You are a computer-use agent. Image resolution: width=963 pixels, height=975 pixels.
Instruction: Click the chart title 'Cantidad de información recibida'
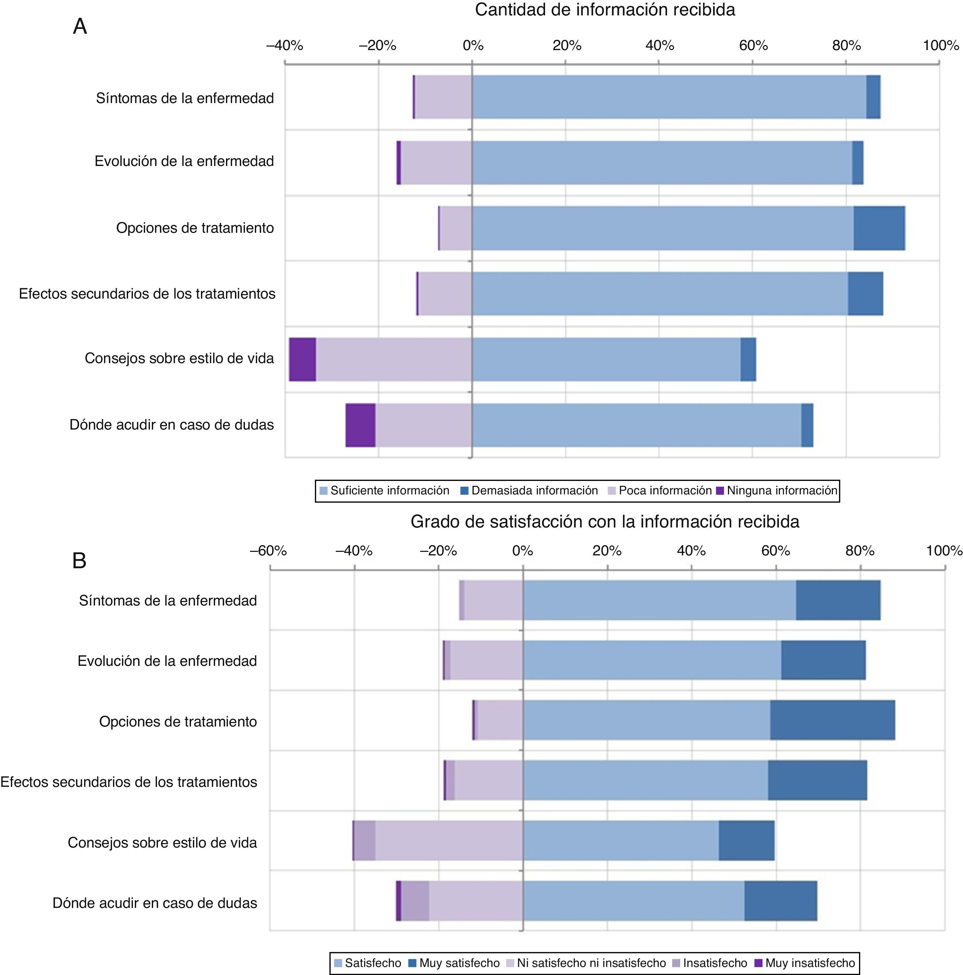[605, 10]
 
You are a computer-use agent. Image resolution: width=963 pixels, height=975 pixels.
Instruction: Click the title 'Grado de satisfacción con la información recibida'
[605, 521]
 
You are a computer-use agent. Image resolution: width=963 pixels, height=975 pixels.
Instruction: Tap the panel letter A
[80, 27]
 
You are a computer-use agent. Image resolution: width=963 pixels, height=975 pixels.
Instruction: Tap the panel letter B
[79, 561]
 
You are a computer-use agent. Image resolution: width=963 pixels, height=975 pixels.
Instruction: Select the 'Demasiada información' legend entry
[534, 491]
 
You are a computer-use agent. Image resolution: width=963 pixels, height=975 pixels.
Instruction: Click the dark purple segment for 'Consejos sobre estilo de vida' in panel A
[302, 359]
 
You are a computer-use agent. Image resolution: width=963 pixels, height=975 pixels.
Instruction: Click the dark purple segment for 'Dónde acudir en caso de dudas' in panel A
[360, 425]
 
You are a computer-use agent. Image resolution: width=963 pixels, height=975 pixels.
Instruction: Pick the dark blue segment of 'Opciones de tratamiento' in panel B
[832, 720]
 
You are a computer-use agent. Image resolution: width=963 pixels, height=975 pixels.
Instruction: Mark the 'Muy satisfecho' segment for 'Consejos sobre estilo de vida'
[746, 841]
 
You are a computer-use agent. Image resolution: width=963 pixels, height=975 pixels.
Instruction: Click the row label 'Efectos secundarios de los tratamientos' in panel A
[147, 294]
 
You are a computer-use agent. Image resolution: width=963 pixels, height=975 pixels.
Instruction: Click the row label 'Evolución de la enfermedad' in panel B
[167, 661]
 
